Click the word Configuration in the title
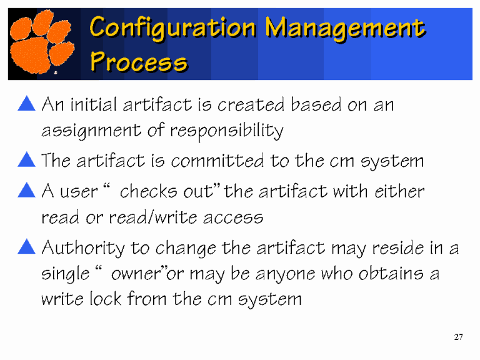pyautogui.click(x=172, y=27)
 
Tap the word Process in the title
pyautogui.click(x=138, y=62)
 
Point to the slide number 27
pyautogui.click(x=458, y=337)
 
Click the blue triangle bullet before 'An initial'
pyautogui.click(x=26, y=104)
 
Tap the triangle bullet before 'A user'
pyautogui.click(x=26, y=190)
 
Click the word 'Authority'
pyautogui.click(x=82, y=249)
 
